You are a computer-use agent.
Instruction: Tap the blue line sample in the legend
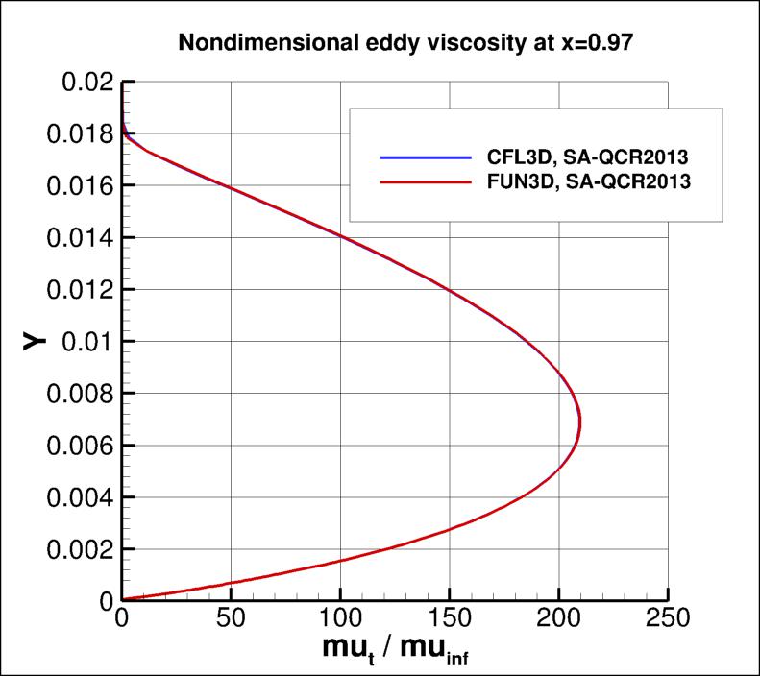click(426, 157)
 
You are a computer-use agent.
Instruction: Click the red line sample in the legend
click(426, 180)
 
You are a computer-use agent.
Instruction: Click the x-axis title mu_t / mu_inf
click(395, 649)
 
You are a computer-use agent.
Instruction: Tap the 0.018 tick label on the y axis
click(76, 133)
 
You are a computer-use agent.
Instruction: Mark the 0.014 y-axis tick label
click(76, 237)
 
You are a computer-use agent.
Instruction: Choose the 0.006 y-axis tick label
click(76, 446)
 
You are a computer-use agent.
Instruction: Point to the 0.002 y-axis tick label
click(76, 549)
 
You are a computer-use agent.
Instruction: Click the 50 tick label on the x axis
click(231, 616)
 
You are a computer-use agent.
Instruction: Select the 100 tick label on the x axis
click(340, 616)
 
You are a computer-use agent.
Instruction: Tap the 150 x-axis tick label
click(450, 616)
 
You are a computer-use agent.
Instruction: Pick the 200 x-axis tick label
click(559, 616)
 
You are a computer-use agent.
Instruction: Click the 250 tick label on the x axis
click(668, 616)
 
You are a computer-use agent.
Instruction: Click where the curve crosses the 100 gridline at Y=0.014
click(340, 236)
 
